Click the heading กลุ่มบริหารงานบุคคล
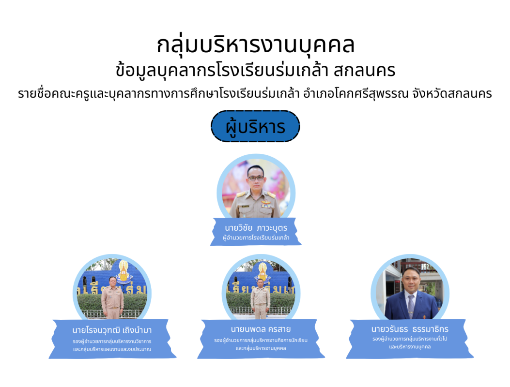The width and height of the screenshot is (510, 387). pyautogui.click(x=255, y=45)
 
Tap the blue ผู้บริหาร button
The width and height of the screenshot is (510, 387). pyautogui.click(x=255, y=126)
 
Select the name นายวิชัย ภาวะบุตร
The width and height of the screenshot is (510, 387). pyautogui.click(x=256, y=228)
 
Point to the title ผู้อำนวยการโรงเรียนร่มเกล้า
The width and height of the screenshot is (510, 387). pyautogui.click(x=256, y=238)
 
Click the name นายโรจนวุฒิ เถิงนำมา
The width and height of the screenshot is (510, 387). pyautogui.click(x=112, y=330)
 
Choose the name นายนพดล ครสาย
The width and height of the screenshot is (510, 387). pyautogui.click(x=261, y=329)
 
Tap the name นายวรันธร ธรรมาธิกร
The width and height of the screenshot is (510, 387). pyautogui.click(x=410, y=329)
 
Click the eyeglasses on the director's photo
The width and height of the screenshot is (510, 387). pyautogui.click(x=256, y=178)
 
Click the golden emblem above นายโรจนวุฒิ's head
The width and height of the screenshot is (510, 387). pyautogui.click(x=124, y=272)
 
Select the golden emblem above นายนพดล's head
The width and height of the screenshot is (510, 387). pyautogui.click(x=263, y=271)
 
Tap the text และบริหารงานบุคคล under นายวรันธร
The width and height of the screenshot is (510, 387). pyautogui.click(x=410, y=347)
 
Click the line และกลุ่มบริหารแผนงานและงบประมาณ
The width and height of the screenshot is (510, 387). pyautogui.click(x=112, y=350)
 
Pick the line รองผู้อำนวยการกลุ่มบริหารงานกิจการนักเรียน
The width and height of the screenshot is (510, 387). pyautogui.click(x=261, y=341)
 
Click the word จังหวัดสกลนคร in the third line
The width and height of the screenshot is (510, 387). pyautogui.click(x=452, y=94)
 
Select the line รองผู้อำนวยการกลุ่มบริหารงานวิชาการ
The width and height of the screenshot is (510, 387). pyautogui.click(x=112, y=342)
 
